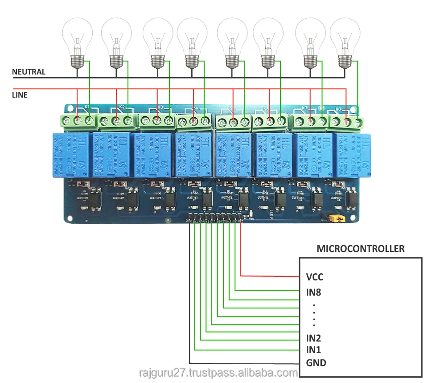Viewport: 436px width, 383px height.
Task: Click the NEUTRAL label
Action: (x=29, y=72)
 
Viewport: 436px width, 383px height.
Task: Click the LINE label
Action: (x=20, y=95)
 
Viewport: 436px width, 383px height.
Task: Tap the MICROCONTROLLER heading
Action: (x=360, y=249)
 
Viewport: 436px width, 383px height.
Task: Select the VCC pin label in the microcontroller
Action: (x=314, y=277)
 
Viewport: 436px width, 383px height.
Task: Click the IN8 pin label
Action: (x=314, y=293)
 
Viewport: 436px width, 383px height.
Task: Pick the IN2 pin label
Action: (x=314, y=338)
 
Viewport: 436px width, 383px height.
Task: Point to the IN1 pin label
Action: (x=314, y=350)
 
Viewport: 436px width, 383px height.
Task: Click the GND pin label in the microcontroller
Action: (x=316, y=362)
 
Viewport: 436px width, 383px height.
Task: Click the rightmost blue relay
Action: (x=352, y=154)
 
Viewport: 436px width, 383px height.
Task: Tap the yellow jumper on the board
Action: (x=337, y=218)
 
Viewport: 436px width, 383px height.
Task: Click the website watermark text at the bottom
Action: (x=218, y=373)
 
